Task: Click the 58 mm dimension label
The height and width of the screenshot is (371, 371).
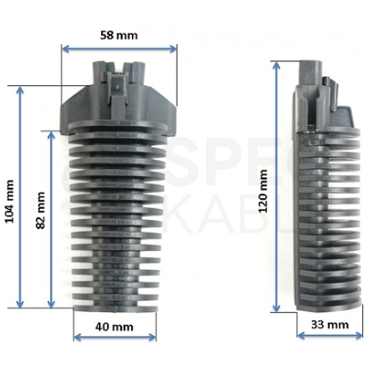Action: (x=117, y=36)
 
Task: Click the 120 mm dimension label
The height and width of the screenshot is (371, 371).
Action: (x=265, y=193)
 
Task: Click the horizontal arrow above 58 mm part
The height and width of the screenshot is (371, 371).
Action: (x=119, y=48)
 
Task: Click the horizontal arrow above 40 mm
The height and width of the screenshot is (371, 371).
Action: (x=114, y=337)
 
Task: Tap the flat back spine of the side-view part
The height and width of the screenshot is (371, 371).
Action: (x=300, y=206)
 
